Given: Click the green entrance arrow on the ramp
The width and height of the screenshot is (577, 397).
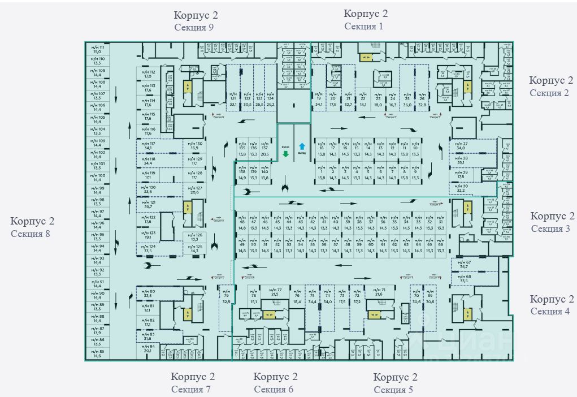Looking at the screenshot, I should tap(286, 153).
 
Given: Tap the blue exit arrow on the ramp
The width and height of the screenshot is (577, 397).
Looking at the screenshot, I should tap(302, 145).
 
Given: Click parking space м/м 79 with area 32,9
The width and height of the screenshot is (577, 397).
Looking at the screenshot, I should tap(226, 298).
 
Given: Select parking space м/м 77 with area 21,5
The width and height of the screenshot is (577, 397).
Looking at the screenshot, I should tap(275, 292).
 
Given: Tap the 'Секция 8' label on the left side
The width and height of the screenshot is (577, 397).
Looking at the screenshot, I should tap(32, 232).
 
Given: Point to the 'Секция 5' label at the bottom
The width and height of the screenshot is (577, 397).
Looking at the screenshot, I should tap(393, 389).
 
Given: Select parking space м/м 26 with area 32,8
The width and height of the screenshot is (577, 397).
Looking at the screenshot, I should tap(422, 101).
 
